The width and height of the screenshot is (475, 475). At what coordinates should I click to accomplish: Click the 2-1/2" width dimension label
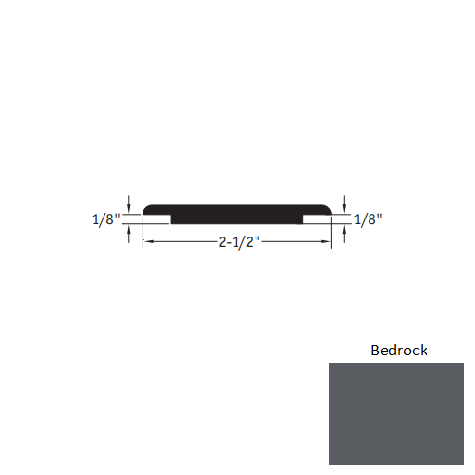[x=237, y=243]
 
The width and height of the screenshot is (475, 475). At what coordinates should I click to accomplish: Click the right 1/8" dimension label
[x=368, y=219]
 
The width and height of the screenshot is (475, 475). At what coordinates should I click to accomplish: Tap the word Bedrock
[x=399, y=351]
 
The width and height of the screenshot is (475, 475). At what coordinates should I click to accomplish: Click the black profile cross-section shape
[x=237, y=214]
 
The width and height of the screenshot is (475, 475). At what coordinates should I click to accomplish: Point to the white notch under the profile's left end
[x=157, y=219]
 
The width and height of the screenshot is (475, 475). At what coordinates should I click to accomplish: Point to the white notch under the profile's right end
[x=317, y=219]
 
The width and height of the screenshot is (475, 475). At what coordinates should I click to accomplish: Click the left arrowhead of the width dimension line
[x=146, y=243]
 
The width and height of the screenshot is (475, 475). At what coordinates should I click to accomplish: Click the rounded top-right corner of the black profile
[x=328, y=207]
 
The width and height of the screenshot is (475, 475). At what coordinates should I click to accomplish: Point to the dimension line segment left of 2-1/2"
[x=180, y=243]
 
